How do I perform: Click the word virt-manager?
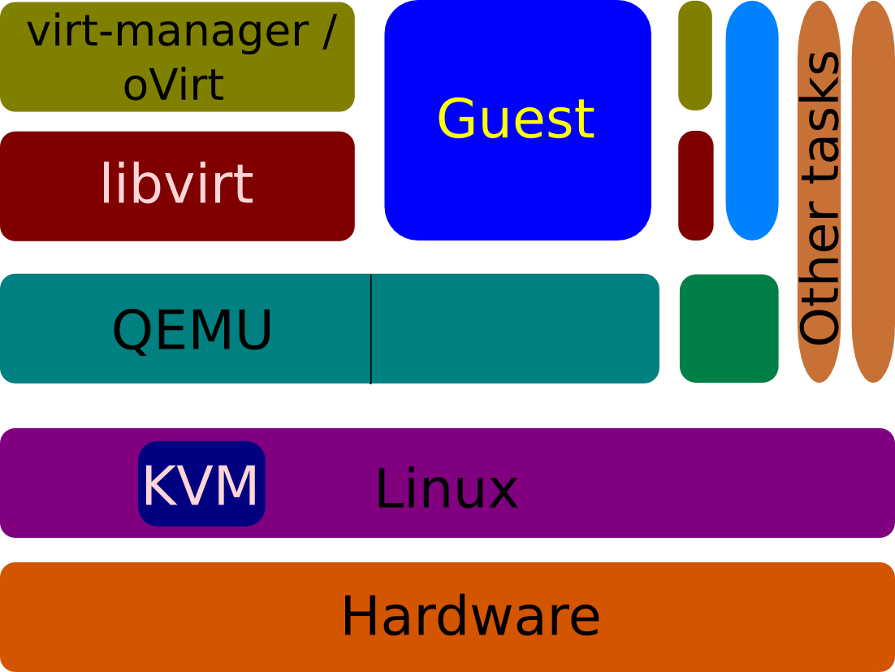pos(166,33)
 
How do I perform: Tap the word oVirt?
pos(174,84)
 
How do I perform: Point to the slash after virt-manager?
pos(327,33)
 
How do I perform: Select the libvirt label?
pos(177,184)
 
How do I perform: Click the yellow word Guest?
pos(517,119)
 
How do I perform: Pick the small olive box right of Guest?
pos(695,55)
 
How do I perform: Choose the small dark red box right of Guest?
pos(696,185)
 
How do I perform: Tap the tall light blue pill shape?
pos(752,120)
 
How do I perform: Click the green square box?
pos(729,328)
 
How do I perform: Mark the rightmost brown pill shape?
pos(873,191)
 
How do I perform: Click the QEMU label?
pos(192,330)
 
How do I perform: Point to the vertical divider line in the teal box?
pos(371,328)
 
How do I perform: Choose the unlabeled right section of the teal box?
pos(515,328)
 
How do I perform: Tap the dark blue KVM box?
pos(201,484)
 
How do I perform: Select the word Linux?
pos(446,489)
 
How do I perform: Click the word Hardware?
pos(470,616)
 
